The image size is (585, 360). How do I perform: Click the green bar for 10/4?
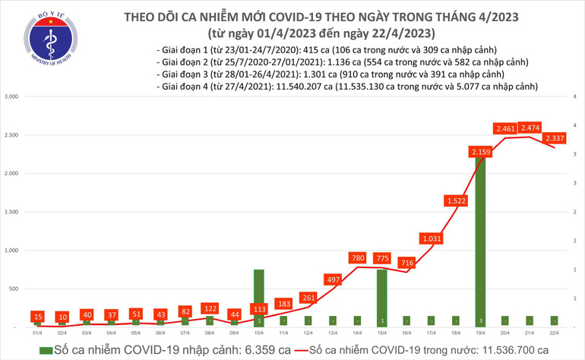(258, 296)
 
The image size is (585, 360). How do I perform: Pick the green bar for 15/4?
(382, 296)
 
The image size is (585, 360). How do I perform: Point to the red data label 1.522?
(457, 201)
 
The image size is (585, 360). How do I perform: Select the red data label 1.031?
(432, 239)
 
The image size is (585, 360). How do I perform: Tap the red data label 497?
(333, 281)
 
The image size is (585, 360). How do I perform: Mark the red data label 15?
(37, 316)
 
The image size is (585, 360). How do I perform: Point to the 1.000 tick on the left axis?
(11, 250)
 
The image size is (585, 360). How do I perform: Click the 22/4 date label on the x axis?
(555, 333)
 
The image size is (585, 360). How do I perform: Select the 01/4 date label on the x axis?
(37, 333)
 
